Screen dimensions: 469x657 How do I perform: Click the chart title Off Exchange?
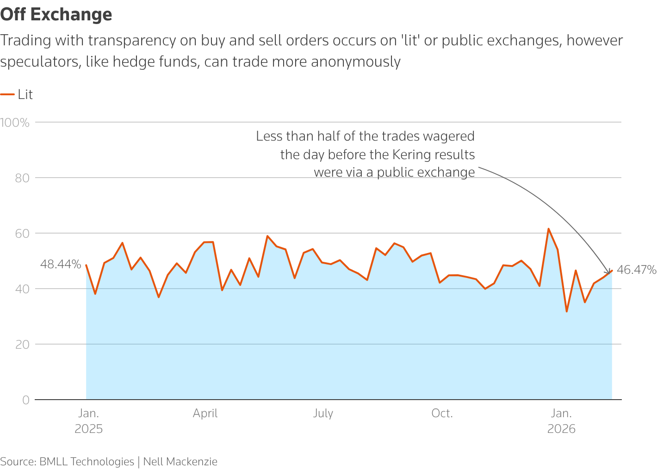[56, 15]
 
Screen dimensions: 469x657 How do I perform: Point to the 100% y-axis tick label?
[15, 123]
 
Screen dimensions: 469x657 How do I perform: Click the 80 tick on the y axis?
[22, 178]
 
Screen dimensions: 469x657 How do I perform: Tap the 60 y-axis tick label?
[22, 234]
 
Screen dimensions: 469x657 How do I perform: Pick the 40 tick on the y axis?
[22, 289]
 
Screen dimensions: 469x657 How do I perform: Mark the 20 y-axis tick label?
[22, 345]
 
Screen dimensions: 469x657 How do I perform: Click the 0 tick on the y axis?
[26, 400]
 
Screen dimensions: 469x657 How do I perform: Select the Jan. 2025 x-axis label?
[88, 421]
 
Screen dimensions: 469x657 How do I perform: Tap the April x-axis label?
[205, 413]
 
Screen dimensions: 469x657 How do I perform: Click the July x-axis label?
[323, 413]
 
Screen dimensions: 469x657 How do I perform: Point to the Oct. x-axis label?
[442, 413]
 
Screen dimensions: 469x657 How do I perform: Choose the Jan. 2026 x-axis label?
[561, 421]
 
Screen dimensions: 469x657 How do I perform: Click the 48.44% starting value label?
[61, 265]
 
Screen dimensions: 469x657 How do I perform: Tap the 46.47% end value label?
[637, 270]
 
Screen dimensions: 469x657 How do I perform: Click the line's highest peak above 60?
[548, 228]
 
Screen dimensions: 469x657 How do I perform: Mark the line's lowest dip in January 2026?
[566, 311]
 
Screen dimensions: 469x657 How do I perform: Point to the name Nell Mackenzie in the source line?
[180, 462]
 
